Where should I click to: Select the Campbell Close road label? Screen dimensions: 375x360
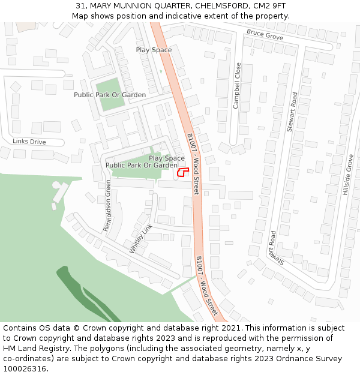(237, 86)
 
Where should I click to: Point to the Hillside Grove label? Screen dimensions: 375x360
(347, 175)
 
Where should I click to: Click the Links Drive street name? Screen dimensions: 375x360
(29, 142)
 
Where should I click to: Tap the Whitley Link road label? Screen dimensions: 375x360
(141, 238)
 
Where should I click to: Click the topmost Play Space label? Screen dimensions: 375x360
(154, 50)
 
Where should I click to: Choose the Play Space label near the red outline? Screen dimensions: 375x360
(167, 158)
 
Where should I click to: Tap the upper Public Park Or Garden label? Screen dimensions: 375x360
(110, 95)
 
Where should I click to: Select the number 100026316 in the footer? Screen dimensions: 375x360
(25, 368)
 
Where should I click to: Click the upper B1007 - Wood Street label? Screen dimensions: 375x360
(193, 163)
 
